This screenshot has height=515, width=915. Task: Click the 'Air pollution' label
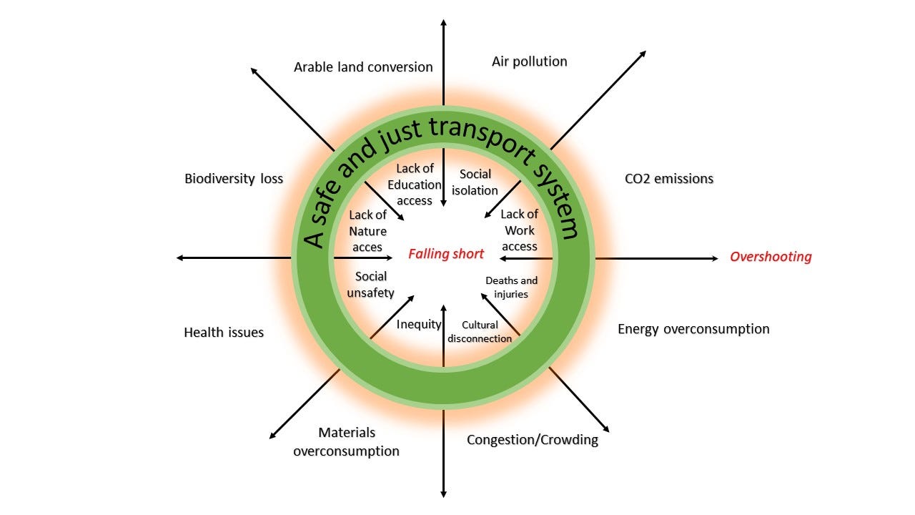529,62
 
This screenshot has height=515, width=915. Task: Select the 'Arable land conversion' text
363,67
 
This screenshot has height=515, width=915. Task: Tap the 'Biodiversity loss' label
234,179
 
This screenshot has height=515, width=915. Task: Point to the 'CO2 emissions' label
668,179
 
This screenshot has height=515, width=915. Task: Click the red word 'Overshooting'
771,257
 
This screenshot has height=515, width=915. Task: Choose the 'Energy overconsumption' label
693,329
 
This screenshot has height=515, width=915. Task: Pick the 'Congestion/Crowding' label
533,439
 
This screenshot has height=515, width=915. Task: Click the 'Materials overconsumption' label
347,442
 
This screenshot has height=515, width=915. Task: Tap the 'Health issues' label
224,333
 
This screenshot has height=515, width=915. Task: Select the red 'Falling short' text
446,254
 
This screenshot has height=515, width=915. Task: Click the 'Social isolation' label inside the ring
475,182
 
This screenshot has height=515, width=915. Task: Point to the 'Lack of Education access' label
415,185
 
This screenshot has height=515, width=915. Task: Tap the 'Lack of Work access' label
520,230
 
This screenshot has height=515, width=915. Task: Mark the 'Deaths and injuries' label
511,287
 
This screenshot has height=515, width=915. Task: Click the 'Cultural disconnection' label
480,332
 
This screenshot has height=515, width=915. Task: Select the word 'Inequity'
419,324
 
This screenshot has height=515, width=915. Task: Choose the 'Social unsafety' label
371,284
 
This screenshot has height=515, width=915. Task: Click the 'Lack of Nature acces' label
368,231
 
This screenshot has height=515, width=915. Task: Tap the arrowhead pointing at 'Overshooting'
714,258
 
